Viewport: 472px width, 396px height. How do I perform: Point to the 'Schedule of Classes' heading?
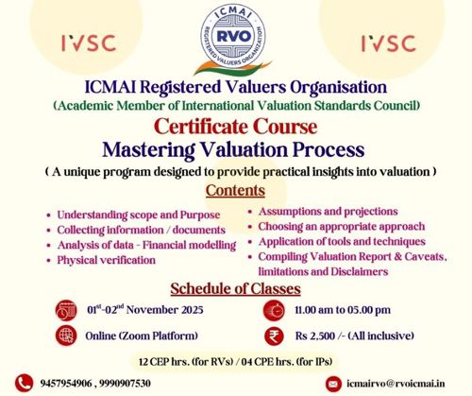pos(235,287)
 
